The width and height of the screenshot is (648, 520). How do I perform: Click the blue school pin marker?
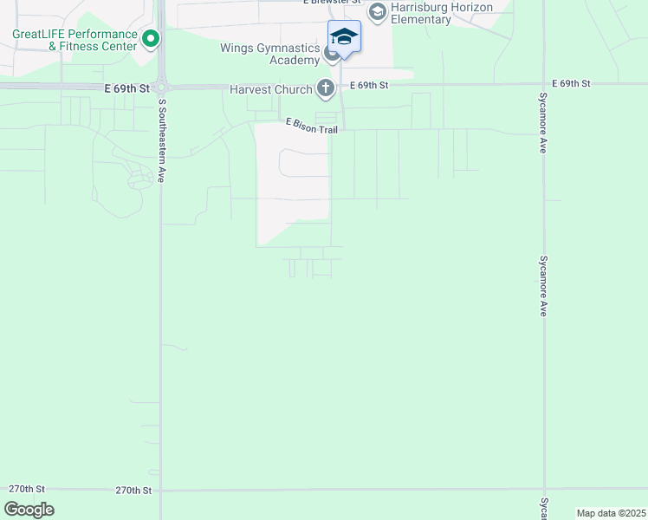pos(344,37)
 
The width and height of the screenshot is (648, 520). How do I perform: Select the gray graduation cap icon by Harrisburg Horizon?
pos(377,11)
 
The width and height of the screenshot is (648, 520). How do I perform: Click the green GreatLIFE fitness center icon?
pos(150,38)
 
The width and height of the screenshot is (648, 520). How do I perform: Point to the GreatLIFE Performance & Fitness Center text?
pos(75,41)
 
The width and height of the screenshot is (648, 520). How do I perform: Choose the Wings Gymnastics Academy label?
pos(269,54)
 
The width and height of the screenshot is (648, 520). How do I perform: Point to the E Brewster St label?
pos(332,2)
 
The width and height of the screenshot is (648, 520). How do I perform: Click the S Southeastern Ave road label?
pos(161,140)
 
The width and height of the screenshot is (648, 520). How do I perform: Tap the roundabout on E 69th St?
pos(162,86)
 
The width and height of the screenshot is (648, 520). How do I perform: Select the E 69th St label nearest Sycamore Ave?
pos(574,83)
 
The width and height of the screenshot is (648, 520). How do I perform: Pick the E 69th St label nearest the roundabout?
pos(127,88)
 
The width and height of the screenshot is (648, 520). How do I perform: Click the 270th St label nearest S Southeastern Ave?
pos(133,491)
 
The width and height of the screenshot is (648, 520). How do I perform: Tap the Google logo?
pos(29,510)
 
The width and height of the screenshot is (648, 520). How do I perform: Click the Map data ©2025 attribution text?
pos(610,513)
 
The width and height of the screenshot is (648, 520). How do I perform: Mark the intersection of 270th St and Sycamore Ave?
pos(544,490)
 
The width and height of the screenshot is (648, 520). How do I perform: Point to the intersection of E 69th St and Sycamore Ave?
pos(544,85)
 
